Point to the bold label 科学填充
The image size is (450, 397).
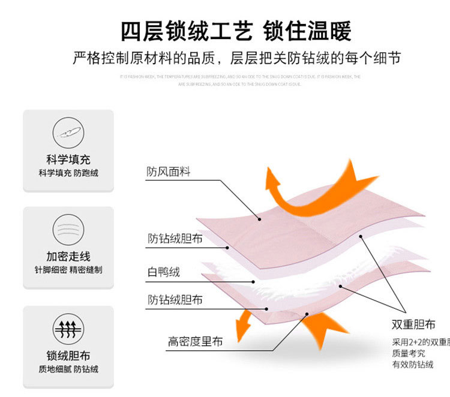pos(68,160)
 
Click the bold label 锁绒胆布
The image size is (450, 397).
pos(68,356)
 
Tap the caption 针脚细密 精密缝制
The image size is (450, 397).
pos(68,270)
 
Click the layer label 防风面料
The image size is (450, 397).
pos(169,172)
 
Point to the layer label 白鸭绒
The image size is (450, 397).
pos(164,272)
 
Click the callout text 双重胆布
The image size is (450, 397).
pos(413,325)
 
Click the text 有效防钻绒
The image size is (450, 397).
pos(413,365)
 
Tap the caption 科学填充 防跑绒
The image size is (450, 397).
pos(68,173)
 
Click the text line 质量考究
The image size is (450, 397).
pos(408,353)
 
